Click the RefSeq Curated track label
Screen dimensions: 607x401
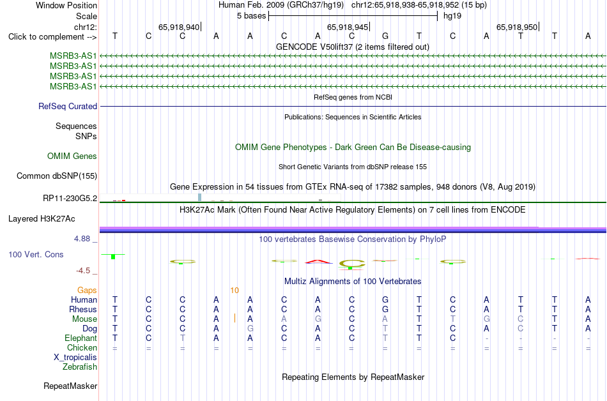(68, 107)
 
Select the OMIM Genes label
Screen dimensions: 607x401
(72, 156)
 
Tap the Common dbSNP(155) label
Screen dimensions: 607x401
(57, 176)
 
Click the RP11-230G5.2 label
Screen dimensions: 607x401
(70, 199)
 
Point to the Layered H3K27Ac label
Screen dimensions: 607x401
(42, 219)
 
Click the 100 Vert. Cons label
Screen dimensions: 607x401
(36, 254)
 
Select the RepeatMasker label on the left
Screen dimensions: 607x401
(70, 386)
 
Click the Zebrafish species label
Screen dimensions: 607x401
(80, 367)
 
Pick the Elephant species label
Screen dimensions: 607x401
(81, 338)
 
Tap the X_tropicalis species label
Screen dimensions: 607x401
(75, 358)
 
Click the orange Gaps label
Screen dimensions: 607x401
(87, 291)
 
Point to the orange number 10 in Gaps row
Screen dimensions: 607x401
(234, 291)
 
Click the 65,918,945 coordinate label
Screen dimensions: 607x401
(348, 27)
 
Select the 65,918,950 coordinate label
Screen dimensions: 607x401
(517, 27)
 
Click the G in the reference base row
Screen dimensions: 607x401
(385, 36)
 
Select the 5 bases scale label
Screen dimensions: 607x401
(252, 16)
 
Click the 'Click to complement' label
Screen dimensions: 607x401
(52, 37)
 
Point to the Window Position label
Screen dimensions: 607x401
(66, 5)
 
